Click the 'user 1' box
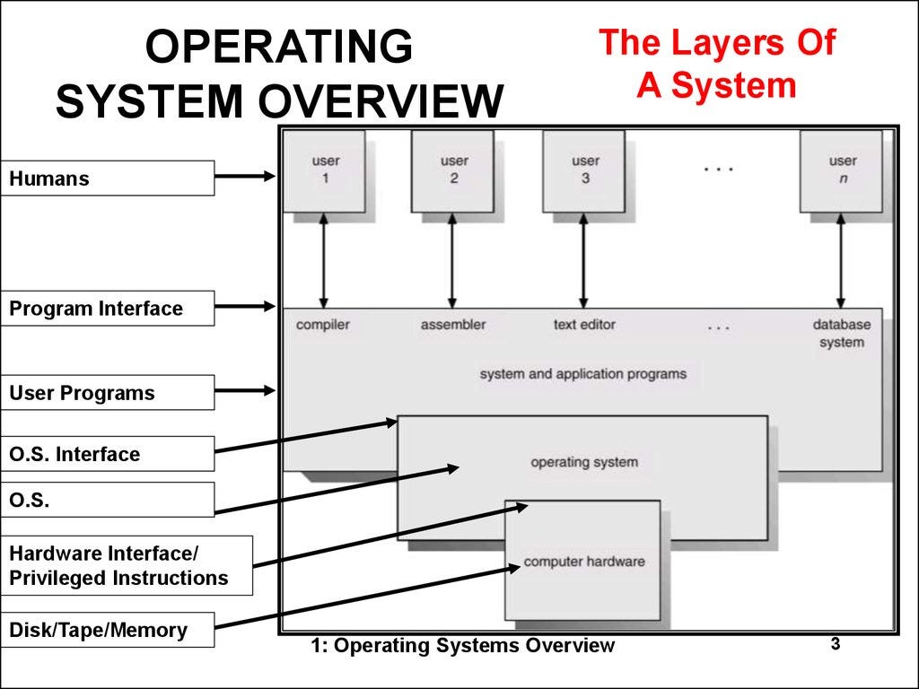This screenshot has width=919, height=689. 324,170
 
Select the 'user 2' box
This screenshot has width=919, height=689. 453,170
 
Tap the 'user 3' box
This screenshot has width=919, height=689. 584,170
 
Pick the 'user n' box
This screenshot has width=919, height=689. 842,170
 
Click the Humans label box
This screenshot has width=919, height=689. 108,179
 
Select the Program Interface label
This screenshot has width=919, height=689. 108,309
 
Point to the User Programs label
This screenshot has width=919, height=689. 108,393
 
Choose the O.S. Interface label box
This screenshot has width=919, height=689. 108,454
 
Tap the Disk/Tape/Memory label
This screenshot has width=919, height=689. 108,630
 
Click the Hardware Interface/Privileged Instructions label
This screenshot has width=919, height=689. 127,566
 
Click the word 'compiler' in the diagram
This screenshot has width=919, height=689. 322,325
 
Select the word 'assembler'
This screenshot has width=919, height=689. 452,325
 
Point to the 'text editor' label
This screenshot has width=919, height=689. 584,325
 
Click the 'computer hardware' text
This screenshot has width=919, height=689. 584,562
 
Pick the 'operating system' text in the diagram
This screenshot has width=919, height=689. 584,463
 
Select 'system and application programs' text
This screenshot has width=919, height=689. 582,373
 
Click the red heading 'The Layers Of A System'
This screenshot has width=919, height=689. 716,65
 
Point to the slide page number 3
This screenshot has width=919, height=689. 835,644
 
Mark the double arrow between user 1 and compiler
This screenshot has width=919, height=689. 324,260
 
